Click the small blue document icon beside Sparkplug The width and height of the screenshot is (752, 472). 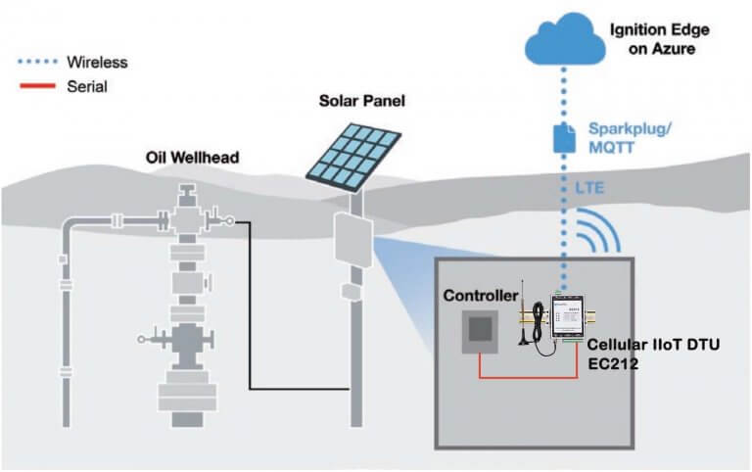click(x=564, y=136)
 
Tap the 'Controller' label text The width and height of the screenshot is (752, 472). click(x=479, y=296)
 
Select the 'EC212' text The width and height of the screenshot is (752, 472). click(x=609, y=363)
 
